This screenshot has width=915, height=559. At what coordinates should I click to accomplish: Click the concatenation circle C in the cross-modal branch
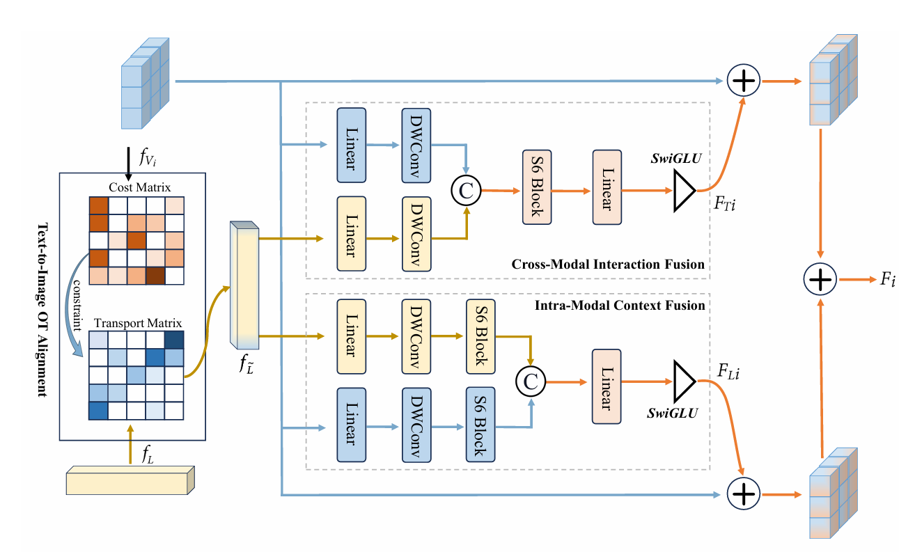tap(467, 189)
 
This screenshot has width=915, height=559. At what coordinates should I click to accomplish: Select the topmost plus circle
tap(743, 81)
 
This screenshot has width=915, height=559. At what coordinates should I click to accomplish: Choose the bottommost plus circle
tap(743, 494)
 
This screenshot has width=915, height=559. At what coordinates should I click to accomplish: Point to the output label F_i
tap(886, 280)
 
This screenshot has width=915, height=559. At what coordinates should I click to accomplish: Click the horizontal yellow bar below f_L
tap(130, 481)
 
